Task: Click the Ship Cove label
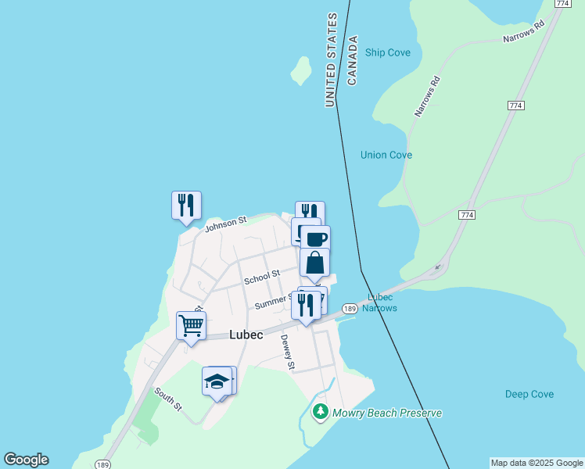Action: click(388, 52)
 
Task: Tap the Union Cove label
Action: click(386, 155)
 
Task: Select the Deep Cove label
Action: click(529, 394)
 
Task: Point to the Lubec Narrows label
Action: click(380, 303)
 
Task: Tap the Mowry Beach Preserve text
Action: click(387, 413)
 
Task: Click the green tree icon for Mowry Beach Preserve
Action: click(320, 411)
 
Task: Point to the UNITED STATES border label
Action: click(332, 59)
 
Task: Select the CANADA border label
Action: click(352, 60)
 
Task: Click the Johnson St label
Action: click(225, 224)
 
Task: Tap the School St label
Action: click(261, 277)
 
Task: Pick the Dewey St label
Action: click(288, 352)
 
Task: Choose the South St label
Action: click(167, 399)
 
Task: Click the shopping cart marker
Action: click(191, 324)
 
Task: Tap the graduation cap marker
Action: click(217, 381)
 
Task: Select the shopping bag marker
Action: click(314, 262)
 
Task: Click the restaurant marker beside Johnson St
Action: click(186, 205)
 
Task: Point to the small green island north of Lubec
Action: click(300, 71)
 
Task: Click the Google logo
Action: click(26, 460)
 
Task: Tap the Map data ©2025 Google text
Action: click(537, 463)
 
